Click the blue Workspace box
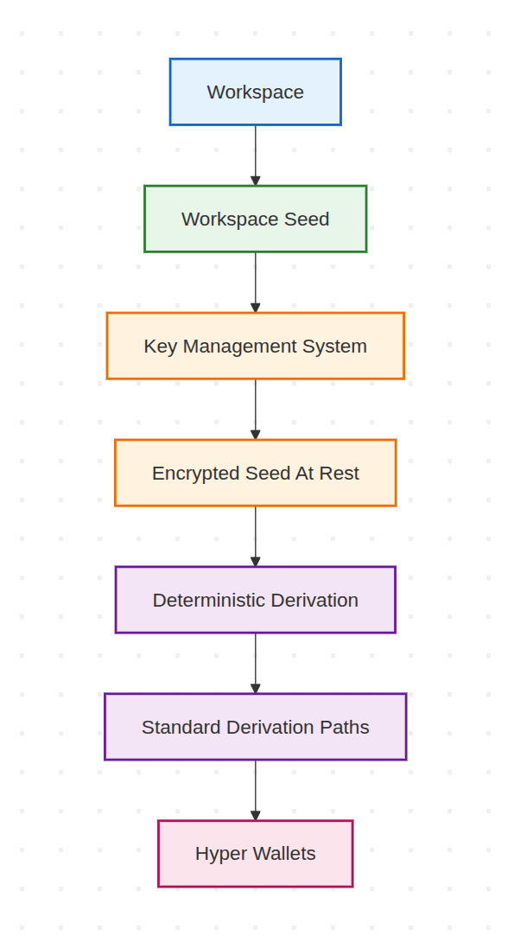(x=255, y=92)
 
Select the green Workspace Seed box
(x=255, y=219)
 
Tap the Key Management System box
(x=255, y=346)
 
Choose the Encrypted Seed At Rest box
(x=255, y=473)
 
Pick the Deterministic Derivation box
(x=255, y=600)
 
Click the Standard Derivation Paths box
(x=255, y=727)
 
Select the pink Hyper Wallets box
(x=255, y=854)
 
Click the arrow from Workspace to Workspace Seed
(x=255, y=155)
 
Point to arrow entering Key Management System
(x=255, y=283)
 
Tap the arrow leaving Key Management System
(x=255, y=409)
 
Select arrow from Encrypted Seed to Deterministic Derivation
(x=255, y=536)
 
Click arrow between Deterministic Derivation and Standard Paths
(x=255, y=663)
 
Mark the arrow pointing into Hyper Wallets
(x=255, y=790)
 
